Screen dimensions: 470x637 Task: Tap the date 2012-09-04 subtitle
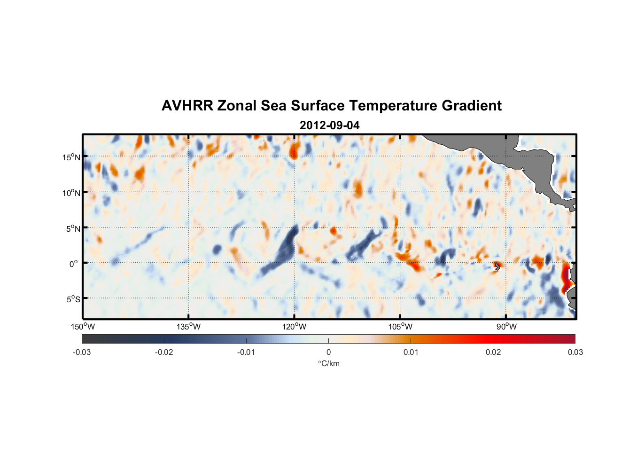pyautogui.click(x=330, y=125)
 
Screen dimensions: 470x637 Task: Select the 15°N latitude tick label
pyautogui.click(x=71, y=157)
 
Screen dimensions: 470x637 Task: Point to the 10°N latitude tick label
pyautogui.click(x=71, y=193)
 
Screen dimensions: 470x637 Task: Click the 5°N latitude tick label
pyautogui.click(x=73, y=228)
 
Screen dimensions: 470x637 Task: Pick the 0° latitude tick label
pyautogui.click(x=74, y=264)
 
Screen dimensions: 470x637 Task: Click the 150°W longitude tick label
pyautogui.click(x=83, y=327)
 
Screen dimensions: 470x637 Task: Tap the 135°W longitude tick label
pyautogui.click(x=188, y=327)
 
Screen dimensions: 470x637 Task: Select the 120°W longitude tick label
pyautogui.click(x=295, y=327)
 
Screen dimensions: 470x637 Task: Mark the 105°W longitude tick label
pyautogui.click(x=400, y=327)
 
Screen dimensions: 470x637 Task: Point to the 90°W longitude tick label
pyautogui.click(x=506, y=327)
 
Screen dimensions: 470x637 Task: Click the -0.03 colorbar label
pyautogui.click(x=82, y=352)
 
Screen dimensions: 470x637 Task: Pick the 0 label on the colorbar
pyautogui.click(x=328, y=352)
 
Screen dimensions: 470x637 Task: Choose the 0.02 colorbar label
pyautogui.click(x=493, y=352)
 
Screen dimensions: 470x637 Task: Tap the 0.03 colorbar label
pyautogui.click(x=575, y=352)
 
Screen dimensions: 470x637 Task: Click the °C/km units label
pyautogui.click(x=328, y=363)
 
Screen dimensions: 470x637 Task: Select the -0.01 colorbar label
pyautogui.click(x=246, y=352)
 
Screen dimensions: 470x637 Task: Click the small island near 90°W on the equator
pyautogui.click(x=497, y=266)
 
